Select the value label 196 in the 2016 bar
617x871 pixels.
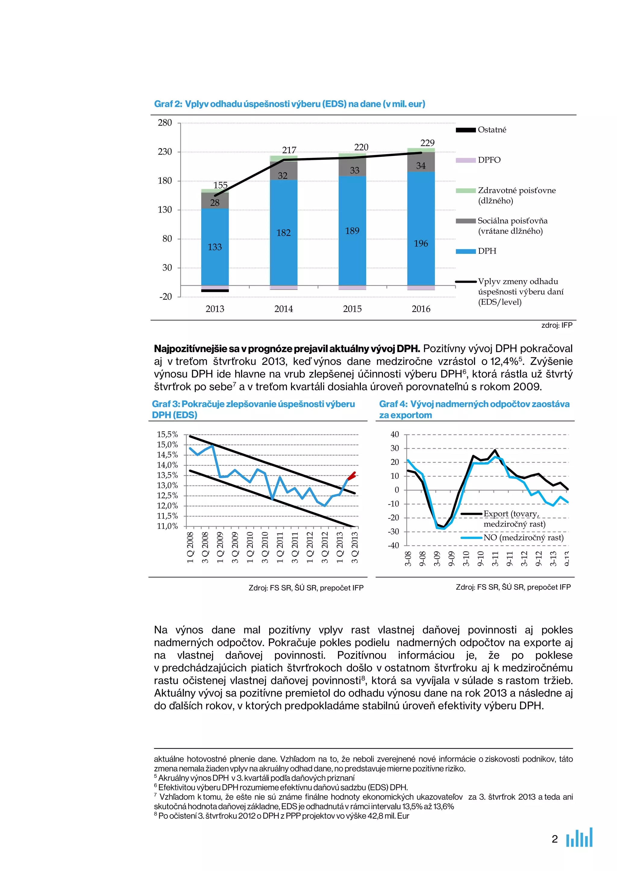pos(421,243)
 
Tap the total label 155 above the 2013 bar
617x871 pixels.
pos(220,185)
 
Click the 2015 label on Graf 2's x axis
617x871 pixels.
pos(352,309)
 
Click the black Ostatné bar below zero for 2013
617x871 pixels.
pos(215,291)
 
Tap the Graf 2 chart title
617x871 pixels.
pos(290,104)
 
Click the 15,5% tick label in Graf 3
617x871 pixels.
pos(167,434)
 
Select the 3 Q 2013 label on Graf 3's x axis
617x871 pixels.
pos(355,548)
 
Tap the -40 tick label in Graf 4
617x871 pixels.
pos(393,545)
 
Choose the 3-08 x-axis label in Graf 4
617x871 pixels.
pos(408,558)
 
